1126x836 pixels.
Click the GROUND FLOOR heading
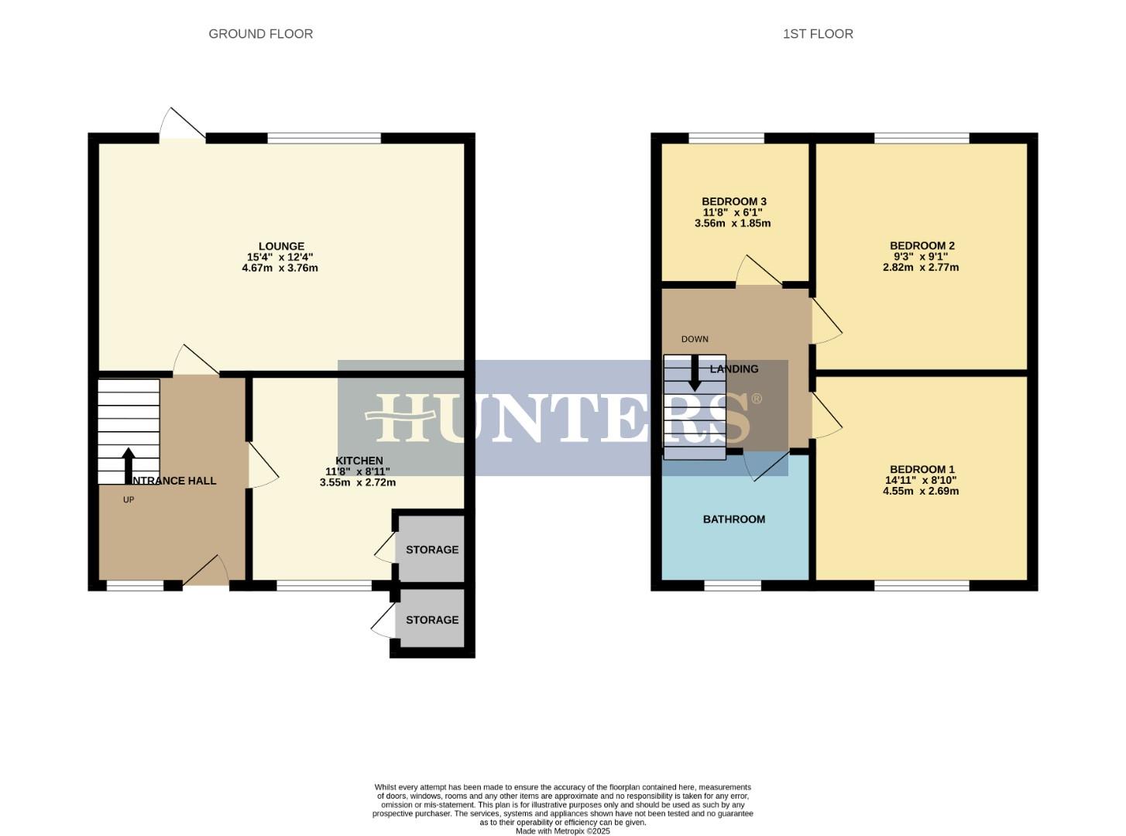tap(260, 34)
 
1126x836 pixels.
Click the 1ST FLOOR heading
tap(818, 34)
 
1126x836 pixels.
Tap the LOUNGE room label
tap(281, 247)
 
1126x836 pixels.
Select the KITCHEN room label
tap(359, 461)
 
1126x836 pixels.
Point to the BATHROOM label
tap(733, 519)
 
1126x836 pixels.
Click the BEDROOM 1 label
tap(922, 469)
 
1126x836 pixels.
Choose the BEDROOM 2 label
tap(922, 246)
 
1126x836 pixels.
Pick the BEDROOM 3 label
tap(733, 201)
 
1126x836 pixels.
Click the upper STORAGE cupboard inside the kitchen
tap(431, 550)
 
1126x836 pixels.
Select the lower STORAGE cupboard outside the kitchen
tap(431, 620)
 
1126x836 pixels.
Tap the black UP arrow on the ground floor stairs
tap(129, 464)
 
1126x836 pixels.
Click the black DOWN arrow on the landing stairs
tap(695, 373)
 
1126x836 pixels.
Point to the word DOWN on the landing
tap(695, 339)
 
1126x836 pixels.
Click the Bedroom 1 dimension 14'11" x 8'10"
tap(920, 480)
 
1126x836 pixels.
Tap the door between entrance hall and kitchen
tap(261, 465)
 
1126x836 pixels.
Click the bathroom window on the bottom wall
tap(733, 585)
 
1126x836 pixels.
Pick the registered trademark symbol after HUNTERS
tap(757, 399)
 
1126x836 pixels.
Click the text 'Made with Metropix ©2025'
tap(563, 831)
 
